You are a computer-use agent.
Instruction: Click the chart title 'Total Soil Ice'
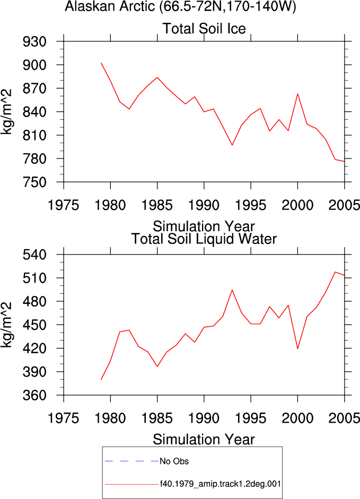(x=204, y=29)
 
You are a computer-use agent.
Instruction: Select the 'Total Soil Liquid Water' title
(x=204, y=239)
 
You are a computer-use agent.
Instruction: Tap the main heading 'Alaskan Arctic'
(x=110, y=6)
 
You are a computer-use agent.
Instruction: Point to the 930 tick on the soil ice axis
(x=34, y=41)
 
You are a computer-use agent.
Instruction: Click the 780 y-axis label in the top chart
(x=34, y=159)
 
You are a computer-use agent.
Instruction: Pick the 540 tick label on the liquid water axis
(x=34, y=255)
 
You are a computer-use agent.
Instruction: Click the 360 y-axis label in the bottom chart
(x=34, y=395)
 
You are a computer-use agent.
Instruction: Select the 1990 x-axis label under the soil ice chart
(x=204, y=205)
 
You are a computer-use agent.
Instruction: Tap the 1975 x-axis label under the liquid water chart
(x=63, y=418)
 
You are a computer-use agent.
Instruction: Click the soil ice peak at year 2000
(x=297, y=94)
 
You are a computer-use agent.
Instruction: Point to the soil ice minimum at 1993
(x=232, y=145)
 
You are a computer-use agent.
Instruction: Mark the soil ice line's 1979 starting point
(x=101, y=63)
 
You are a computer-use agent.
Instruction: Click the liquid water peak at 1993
(x=232, y=290)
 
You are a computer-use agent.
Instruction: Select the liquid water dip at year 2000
(x=297, y=349)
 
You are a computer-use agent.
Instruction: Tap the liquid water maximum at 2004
(x=335, y=272)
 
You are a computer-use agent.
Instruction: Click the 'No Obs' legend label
(x=174, y=461)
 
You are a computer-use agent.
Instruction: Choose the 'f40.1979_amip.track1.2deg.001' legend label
(x=220, y=484)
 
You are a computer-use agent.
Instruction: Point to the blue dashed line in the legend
(x=132, y=461)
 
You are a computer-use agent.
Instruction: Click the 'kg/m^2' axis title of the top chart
(x=6, y=112)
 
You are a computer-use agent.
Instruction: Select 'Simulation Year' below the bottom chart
(x=204, y=440)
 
